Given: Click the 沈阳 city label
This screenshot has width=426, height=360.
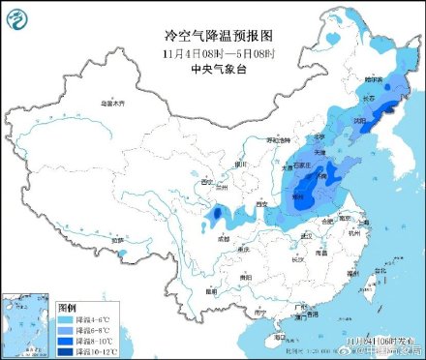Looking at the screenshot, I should tap(360, 123).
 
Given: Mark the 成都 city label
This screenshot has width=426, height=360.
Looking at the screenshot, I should tap(226, 235).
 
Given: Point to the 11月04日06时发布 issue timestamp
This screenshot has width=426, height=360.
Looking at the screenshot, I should tap(379, 341).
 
